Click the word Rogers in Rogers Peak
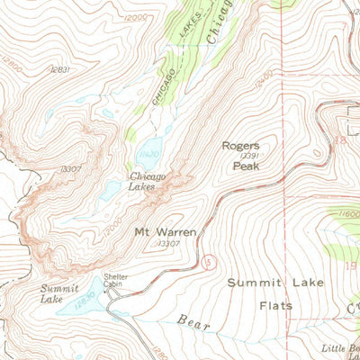point(241,144)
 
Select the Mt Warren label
point(165,230)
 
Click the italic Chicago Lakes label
point(147,182)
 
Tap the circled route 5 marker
point(209,261)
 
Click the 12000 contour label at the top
point(135,18)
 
